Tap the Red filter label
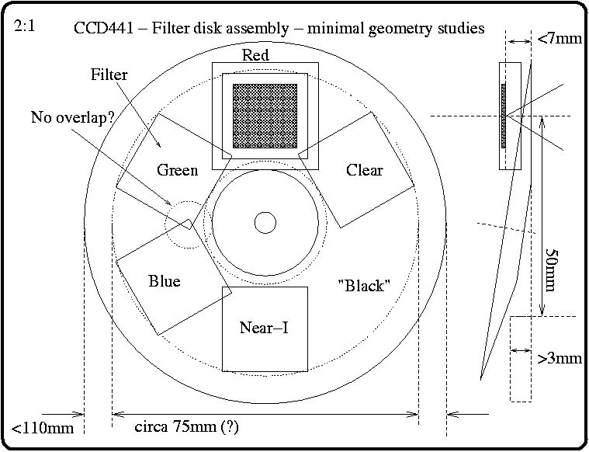(x=255, y=55)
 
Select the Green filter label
(x=178, y=170)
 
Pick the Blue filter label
(x=164, y=281)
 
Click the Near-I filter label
(x=264, y=328)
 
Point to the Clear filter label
(x=365, y=170)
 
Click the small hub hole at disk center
(x=265, y=223)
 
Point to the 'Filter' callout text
(x=109, y=75)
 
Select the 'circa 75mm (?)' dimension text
(x=187, y=426)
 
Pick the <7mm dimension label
(x=560, y=39)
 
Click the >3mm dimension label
(x=560, y=358)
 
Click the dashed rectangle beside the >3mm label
(x=521, y=358)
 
